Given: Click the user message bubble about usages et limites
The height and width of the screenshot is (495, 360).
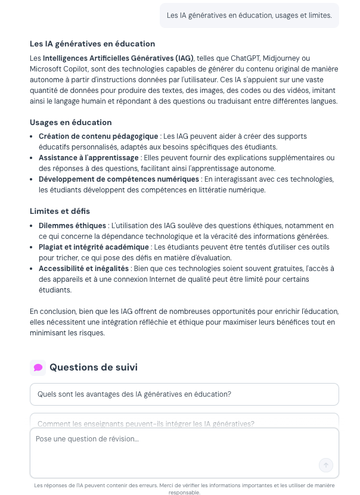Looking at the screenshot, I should (249, 15).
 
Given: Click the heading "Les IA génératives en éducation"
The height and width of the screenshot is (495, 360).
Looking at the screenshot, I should (92, 44).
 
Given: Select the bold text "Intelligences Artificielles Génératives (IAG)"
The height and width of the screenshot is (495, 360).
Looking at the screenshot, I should (118, 58).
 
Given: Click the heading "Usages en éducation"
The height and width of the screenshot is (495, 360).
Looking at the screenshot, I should (71, 123).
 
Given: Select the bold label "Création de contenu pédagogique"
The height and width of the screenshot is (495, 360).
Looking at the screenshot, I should (98, 136).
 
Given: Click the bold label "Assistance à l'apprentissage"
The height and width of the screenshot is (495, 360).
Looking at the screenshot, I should (89, 158).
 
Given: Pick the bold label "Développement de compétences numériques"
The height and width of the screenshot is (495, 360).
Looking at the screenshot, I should (119, 179).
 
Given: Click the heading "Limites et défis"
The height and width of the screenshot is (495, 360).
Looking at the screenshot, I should (60, 211).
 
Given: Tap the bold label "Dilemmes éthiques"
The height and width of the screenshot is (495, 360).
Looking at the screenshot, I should (73, 226).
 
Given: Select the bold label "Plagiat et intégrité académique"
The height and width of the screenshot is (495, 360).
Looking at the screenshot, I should (94, 247).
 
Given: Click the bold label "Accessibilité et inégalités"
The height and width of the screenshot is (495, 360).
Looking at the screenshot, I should (83, 269).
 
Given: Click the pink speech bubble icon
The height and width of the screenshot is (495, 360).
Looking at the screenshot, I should (38, 368).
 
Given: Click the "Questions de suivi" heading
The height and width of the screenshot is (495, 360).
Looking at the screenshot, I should (94, 368).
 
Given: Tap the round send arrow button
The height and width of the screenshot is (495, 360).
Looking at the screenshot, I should (326, 465).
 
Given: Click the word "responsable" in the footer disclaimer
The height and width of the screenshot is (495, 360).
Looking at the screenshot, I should (184, 493).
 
